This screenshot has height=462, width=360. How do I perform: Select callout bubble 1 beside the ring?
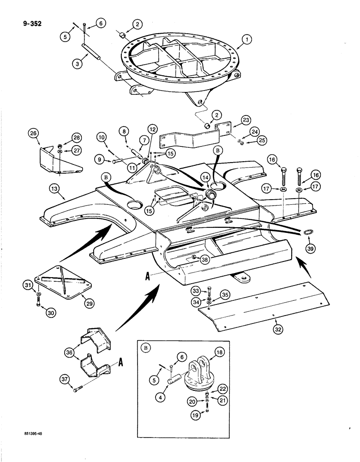248,40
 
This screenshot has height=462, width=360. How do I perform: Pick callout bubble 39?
311,248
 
